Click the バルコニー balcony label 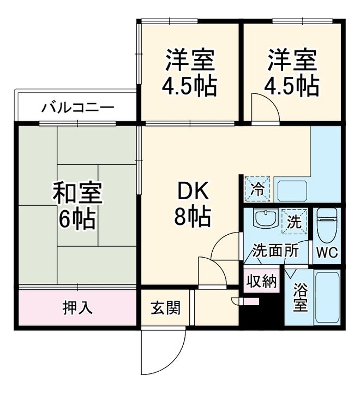tap(78, 106)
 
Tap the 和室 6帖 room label tap(77, 206)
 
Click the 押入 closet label tap(77, 307)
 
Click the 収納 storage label tap(261, 281)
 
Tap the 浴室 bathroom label tap(300, 297)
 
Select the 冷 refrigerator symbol tap(257, 190)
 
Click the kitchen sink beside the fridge tap(292, 192)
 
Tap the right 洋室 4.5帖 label tap(292, 72)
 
